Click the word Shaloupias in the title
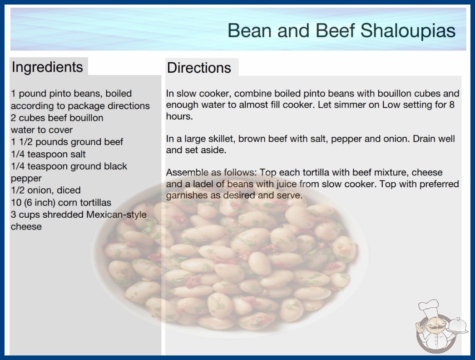click(x=408, y=31)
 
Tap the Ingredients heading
click(x=47, y=67)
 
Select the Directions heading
click(x=199, y=68)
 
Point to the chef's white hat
click(x=429, y=307)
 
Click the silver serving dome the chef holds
click(x=458, y=325)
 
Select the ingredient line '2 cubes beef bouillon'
click(x=57, y=118)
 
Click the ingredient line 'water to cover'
click(x=42, y=130)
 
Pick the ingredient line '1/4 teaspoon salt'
click(x=48, y=154)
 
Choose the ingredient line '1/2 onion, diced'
click(x=46, y=190)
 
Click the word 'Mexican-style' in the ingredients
click(x=116, y=215)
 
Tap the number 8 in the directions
click(x=452, y=105)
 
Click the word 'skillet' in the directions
click(x=221, y=139)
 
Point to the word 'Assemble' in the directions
click(x=187, y=172)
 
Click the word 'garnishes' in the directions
click(x=187, y=195)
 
